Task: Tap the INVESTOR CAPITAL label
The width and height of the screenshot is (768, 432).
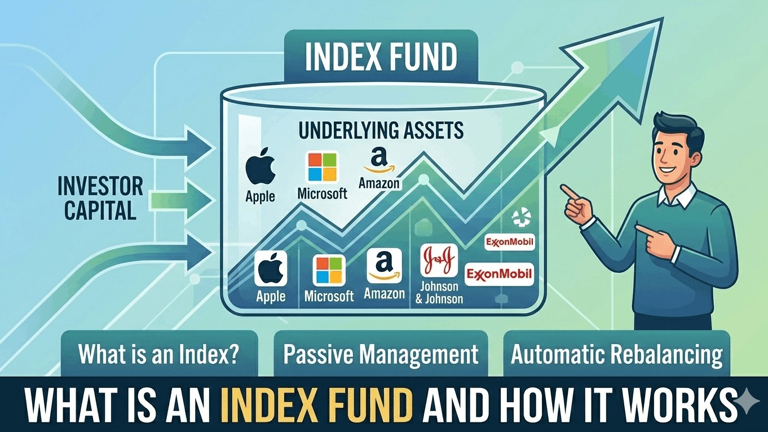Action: coord(100,199)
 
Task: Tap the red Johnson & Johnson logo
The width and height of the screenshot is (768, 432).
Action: coord(439,261)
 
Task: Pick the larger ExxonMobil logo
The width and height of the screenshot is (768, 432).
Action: coord(498,275)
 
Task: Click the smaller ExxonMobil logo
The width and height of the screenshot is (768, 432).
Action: coord(509,243)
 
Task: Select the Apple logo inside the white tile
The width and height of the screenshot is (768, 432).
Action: coord(271,269)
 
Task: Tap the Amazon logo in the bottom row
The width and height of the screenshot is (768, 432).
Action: coord(384,266)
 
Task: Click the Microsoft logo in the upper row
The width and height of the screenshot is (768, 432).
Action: coord(322,167)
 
